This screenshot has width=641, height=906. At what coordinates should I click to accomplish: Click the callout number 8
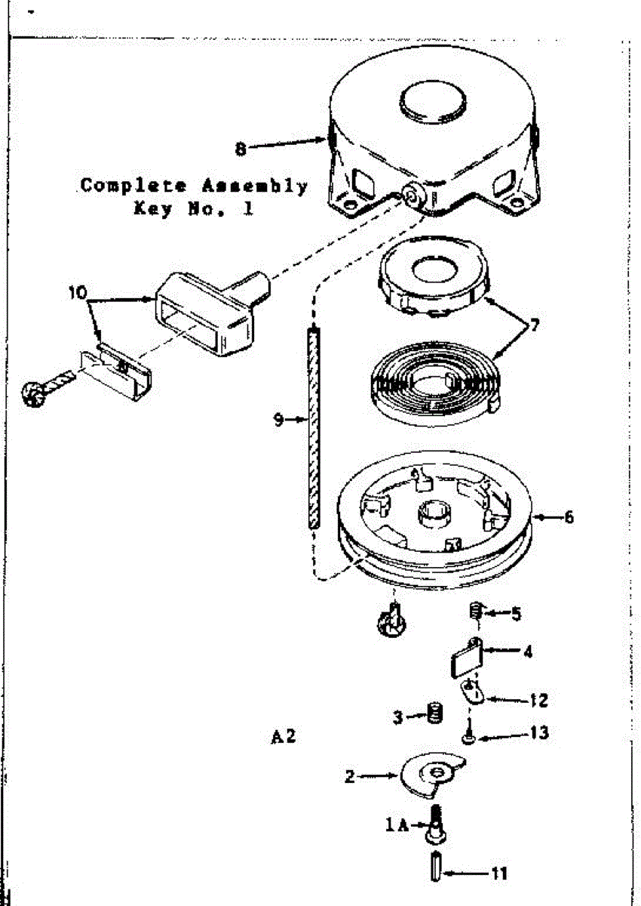[x=241, y=149]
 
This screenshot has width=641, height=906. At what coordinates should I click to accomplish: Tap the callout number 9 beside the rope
[x=279, y=421]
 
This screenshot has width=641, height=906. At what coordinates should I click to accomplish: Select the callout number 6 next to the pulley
[x=568, y=517]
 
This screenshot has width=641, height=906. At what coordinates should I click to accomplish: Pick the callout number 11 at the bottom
[x=498, y=874]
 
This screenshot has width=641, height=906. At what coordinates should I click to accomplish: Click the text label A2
[x=284, y=736]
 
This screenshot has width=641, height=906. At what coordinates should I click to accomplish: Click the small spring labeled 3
[x=434, y=713]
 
